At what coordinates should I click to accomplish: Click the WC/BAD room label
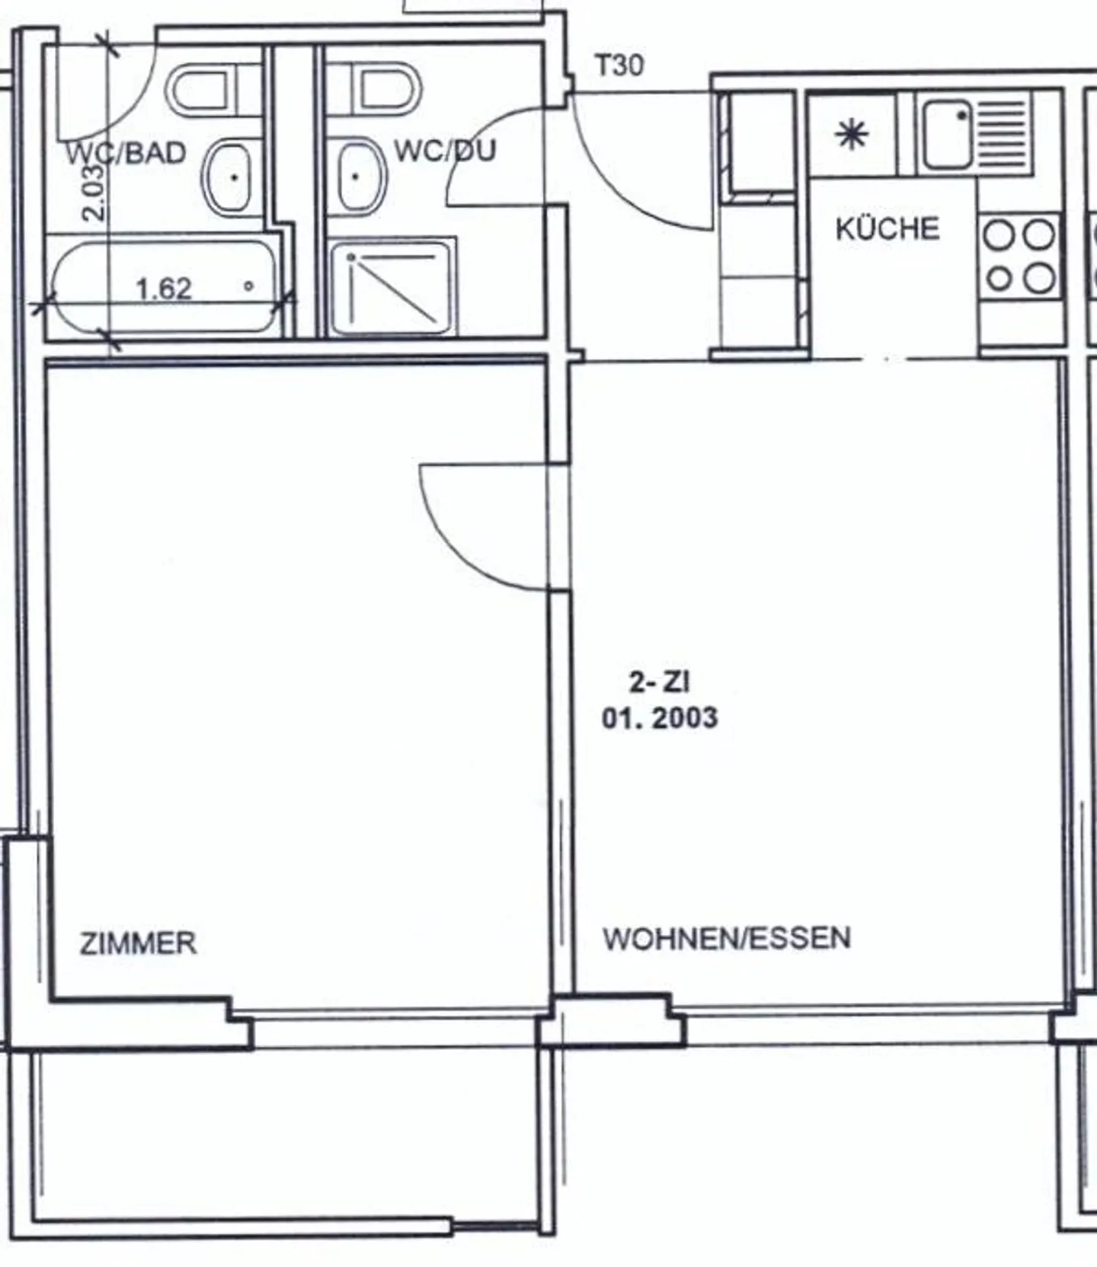tap(126, 153)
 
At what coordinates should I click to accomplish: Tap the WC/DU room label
tap(444, 150)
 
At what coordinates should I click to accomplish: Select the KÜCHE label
tap(888, 228)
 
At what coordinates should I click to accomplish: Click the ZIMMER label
tap(138, 943)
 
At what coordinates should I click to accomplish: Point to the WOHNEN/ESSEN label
tap(726, 938)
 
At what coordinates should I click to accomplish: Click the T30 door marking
tap(619, 65)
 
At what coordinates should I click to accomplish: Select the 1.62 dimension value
tap(163, 289)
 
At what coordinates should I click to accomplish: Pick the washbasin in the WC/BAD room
tap(228, 177)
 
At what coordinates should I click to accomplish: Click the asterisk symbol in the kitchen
tap(851, 136)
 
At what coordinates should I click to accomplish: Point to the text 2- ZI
tap(659, 681)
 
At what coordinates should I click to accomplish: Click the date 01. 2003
tap(660, 718)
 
